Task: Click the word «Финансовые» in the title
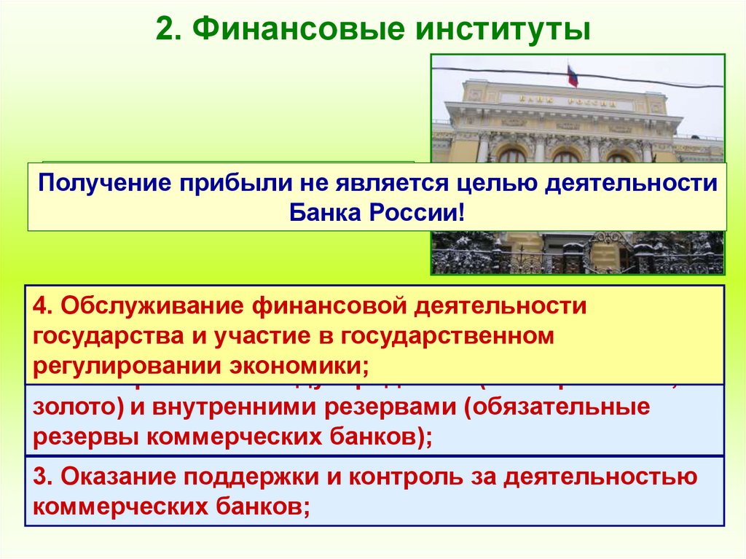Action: coord(287,31)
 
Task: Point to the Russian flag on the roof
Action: coord(573,75)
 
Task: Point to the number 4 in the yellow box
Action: coord(41,306)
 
